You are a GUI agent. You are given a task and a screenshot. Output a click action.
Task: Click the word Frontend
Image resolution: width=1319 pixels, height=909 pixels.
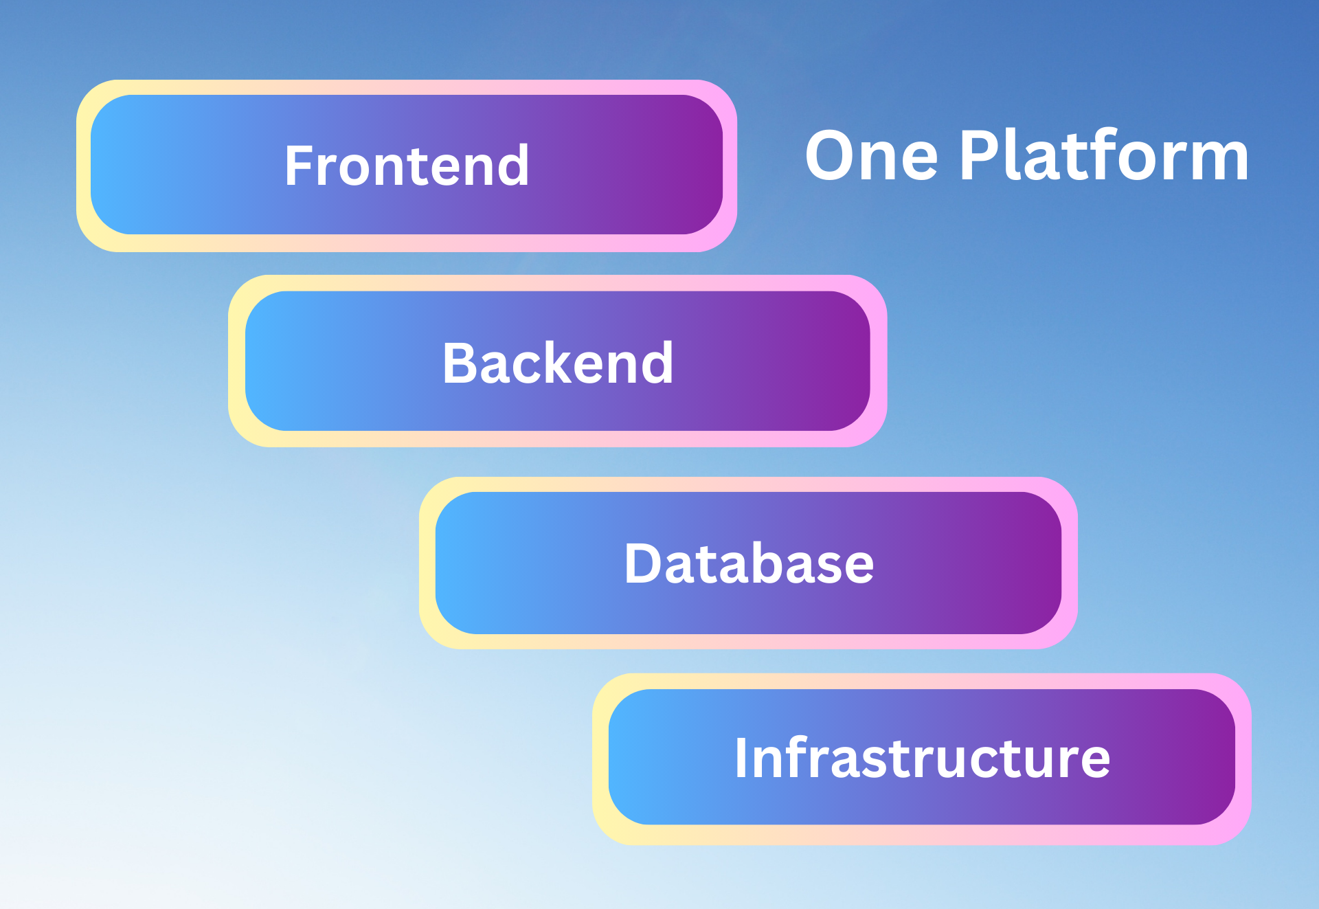click(x=407, y=166)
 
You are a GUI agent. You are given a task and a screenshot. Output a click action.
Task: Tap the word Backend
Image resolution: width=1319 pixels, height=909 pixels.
click(x=557, y=363)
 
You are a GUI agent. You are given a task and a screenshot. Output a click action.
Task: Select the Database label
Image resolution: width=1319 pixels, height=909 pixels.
click(x=749, y=563)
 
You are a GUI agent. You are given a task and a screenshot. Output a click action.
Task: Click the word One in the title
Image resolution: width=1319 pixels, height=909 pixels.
click(x=871, y=157)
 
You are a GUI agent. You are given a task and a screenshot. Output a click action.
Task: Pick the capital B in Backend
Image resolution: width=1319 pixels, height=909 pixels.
click(x=458, y=363)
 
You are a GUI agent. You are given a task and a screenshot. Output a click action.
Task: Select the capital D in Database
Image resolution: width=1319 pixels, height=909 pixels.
click(x=642, y=563)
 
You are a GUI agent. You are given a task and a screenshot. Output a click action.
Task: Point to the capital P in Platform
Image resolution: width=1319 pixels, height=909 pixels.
click(x=978, y=157)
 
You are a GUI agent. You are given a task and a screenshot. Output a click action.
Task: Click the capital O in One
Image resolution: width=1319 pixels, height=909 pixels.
click(x=833, y=157)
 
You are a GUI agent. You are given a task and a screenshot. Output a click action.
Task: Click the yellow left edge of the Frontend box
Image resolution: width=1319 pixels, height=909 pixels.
click(x=83, y=166)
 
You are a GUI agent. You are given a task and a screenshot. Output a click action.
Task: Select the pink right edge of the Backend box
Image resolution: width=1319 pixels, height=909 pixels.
click(x=879, y=361)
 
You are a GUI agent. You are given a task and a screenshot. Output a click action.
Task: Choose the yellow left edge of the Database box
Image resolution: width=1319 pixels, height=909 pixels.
click(x=427, y=563)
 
